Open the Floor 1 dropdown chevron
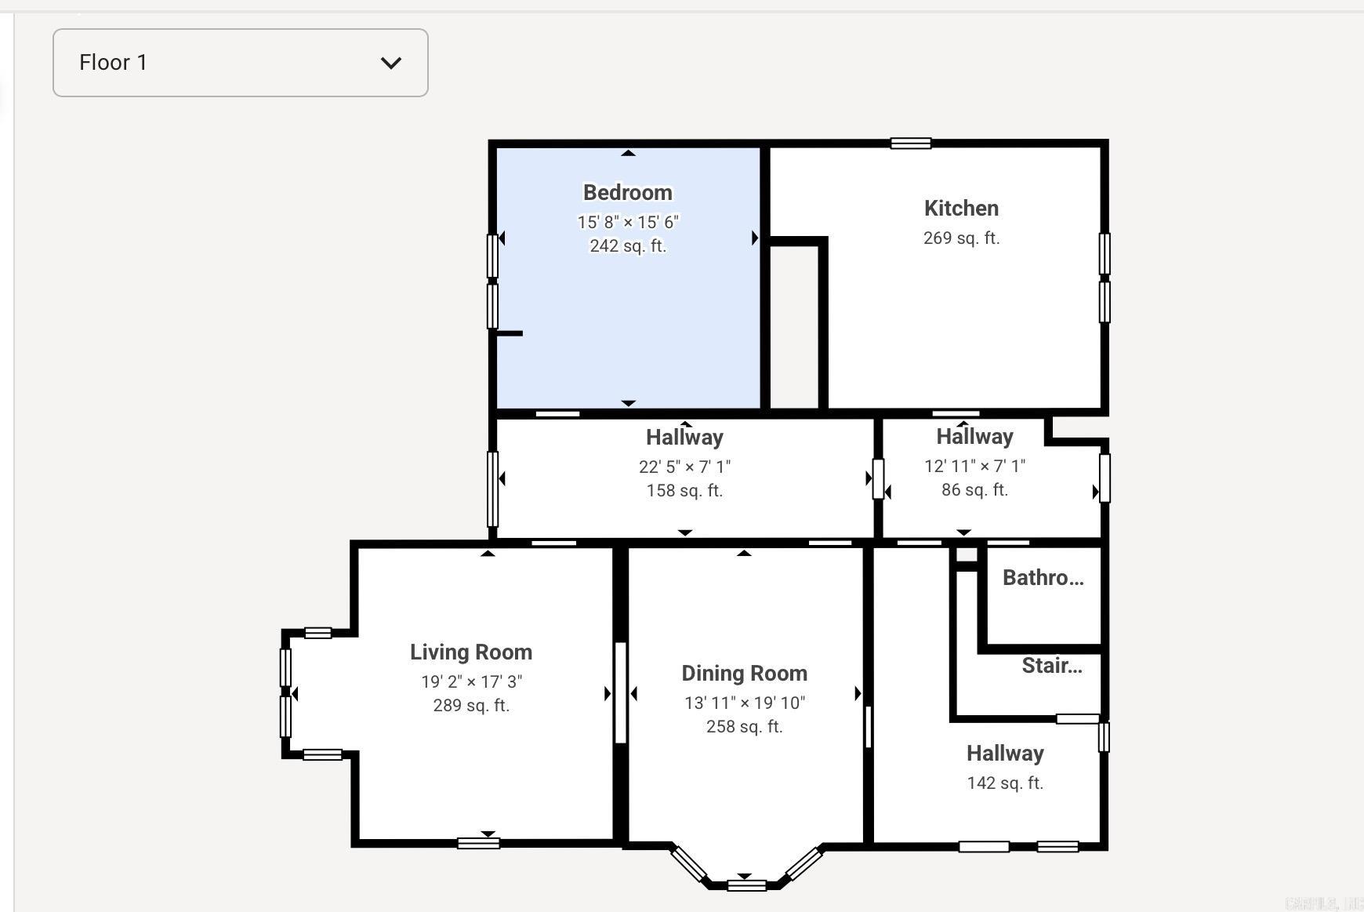click(x=390, y=63)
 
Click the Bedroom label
click(x=627, y=193)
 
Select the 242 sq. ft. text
click(x=627, y=246)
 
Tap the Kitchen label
click(x=961, y=209)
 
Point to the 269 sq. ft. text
click(x=961, y=238)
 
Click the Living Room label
click(x=470, y=652)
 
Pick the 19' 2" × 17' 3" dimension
click(x=471, y=681)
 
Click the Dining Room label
click(x=744, y=674)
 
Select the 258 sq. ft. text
click(x=744, y=727)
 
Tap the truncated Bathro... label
click(x=1043, y=578)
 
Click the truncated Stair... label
click(x=1051, y=666)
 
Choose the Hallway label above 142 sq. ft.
click(x=1005, y=754)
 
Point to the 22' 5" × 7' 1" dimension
click(x=684, y=467)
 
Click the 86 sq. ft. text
click(x=974, y=490)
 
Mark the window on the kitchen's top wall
click(x=910, y=144)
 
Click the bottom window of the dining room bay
click(x=746, y=885)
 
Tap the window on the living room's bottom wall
click(x=478, y=844)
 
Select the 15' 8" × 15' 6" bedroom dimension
click(x=627, y=223)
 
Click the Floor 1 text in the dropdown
click(x=113, y=63)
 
